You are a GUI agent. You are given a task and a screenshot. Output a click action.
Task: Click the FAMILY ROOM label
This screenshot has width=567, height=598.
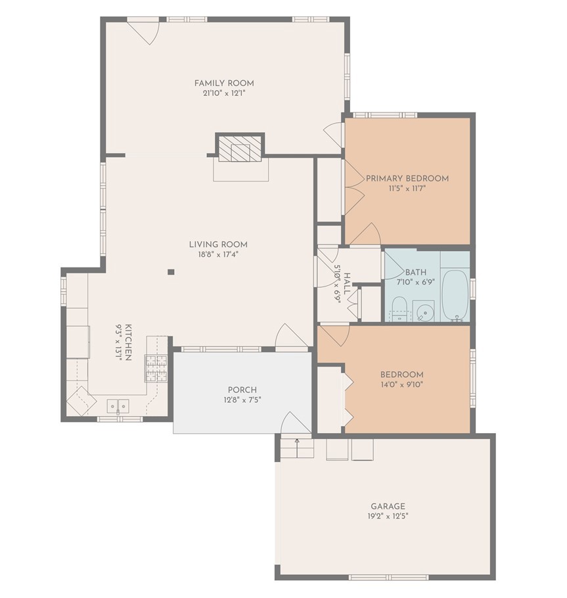coord(223,83)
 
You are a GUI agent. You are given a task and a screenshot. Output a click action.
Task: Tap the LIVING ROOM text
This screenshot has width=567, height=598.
coord(218,244)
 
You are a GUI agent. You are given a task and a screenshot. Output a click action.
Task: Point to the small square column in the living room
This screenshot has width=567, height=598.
coord(170,271)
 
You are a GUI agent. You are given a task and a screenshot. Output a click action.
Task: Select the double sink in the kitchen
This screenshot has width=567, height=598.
coord(118,407)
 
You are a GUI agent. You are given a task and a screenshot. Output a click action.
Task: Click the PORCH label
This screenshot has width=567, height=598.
coord(242,389)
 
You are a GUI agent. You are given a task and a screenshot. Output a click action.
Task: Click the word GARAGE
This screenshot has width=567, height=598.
coord(388,506)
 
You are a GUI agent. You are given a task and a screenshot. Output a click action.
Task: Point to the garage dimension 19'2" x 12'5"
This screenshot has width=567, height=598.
coord(388,517)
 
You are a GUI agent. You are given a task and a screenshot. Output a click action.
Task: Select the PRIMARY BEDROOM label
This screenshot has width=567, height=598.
coord(407,178)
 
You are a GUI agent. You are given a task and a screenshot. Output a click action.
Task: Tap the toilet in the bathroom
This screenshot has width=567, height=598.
coord(398,307)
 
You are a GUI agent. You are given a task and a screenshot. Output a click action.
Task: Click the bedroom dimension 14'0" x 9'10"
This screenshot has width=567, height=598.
coord(401,385)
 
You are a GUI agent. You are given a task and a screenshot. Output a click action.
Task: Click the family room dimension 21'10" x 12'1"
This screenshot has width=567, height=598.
coord(223,93)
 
